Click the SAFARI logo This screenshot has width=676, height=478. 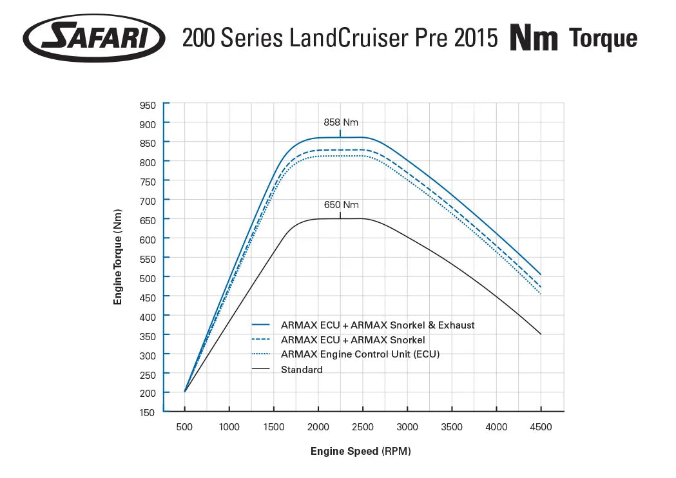(94, 38)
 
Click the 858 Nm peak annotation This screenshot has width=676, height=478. (341, 122)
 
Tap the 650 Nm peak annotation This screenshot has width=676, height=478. (341, 205)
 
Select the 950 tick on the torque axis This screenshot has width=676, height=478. (148, 105)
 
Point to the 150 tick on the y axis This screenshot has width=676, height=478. (148, 412)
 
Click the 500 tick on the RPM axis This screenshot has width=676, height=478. (185, 426)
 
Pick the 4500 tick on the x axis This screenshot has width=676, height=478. (540, 426)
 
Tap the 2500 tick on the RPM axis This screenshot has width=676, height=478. (363, 426)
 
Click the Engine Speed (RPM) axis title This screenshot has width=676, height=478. (360, 451)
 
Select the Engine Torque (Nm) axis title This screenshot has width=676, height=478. (118, 256)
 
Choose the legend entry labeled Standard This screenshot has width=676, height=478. (302, 370)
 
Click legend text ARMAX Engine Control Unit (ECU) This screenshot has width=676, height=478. (360, 354)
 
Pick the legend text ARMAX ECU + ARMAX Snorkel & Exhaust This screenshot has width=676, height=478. (378, 325)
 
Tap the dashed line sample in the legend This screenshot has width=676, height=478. (261, 339)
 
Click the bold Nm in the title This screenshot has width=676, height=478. (534, 39)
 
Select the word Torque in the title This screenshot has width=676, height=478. (603, 39)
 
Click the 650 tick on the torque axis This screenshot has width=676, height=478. (148, 220)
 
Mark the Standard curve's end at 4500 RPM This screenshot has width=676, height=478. (541, 334)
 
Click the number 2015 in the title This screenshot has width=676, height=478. (476, 39)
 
